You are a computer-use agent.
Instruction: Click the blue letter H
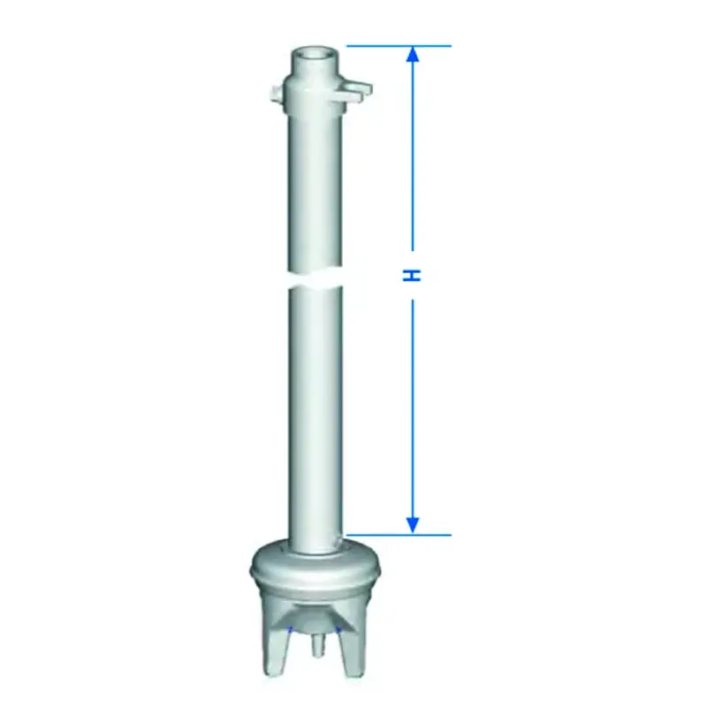coord(412,275)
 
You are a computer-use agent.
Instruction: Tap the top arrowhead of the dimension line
coord(413,55)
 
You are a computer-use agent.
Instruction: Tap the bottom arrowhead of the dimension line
coord(413,526)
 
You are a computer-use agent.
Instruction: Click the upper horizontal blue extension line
coord(399,46)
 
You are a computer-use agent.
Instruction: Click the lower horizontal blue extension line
coord(399,536)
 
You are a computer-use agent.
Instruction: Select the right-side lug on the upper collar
coord(359,89)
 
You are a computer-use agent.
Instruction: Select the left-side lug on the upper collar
coord(277,94)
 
